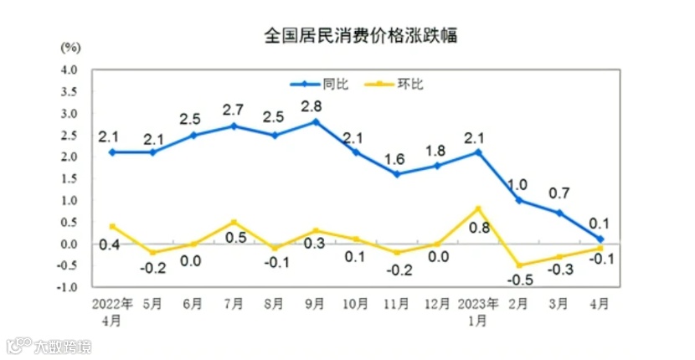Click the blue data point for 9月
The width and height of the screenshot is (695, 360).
tap(315, 121)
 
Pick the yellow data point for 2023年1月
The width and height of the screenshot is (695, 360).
tap(478, 208)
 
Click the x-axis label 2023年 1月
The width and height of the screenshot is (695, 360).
tap(478, 311)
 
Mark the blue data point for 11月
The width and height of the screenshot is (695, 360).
tap(396, 174)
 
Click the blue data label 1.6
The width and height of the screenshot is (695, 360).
tap(396, 157)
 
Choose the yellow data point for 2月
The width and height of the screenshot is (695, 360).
tap(518, 265)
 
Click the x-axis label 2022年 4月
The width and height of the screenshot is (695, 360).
tap(111, 311)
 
